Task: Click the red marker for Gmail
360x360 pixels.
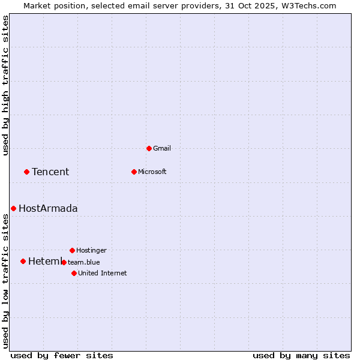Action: tap(149, 148)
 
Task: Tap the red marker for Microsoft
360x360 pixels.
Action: tap(134, 172)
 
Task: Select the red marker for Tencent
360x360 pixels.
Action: tap(26, 172)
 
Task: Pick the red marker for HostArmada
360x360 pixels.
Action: tap(13, 208)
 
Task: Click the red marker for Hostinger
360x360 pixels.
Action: tap(72, 250)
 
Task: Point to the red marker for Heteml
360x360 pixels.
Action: tap(23, 261)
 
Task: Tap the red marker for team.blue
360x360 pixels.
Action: tap(64, 262)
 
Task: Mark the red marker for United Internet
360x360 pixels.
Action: tap(74, 273)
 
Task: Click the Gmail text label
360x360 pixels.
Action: tap(162, 148)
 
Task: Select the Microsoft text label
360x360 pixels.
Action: tap(152, 172)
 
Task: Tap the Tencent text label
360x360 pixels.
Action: tap(50, 172)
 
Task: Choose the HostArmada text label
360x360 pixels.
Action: tap(48, 209)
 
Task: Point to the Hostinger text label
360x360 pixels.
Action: tap(91, 250)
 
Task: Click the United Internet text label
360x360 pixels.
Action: tap(102, 273)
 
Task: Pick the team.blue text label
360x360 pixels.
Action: tap(84, 262)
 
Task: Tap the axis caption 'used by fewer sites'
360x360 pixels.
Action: tap(62, 355)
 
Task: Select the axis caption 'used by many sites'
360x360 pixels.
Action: tap(301, 355)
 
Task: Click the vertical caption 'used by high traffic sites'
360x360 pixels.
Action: tap(5, 85)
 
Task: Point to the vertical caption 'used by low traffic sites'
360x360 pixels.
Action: tap(5, 281)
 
